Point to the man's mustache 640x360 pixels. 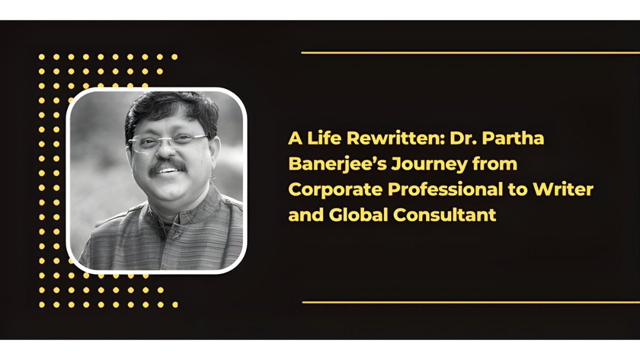[166, 164]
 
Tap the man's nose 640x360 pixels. [167, 152]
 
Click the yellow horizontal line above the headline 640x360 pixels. [469, 53]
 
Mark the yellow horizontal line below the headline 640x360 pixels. [469, 302]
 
